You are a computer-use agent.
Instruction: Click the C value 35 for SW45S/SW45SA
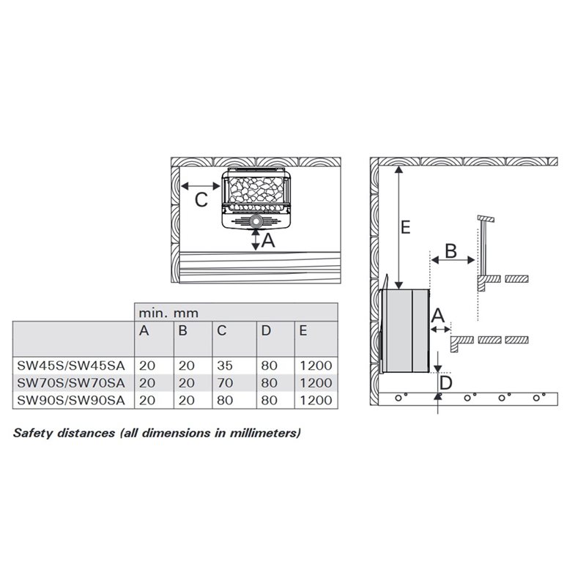click(x=225, y=366)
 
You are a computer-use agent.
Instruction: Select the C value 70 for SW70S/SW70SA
click(x=225, y=382)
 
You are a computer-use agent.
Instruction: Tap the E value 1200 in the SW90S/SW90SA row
click(x=316, y=400)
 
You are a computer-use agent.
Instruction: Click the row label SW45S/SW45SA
click(x=71, y=366)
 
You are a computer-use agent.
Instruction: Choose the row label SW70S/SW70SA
click(x=71, y=382)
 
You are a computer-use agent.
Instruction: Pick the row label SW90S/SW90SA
click(x=71, y=400)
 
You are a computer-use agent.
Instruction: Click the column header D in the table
click(x=266, y=330)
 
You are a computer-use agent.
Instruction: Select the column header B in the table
click(x=182, y=330)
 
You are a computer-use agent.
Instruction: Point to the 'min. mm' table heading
click(x=168, y=313)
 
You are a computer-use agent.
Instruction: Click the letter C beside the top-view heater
click(x=201, y=200)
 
